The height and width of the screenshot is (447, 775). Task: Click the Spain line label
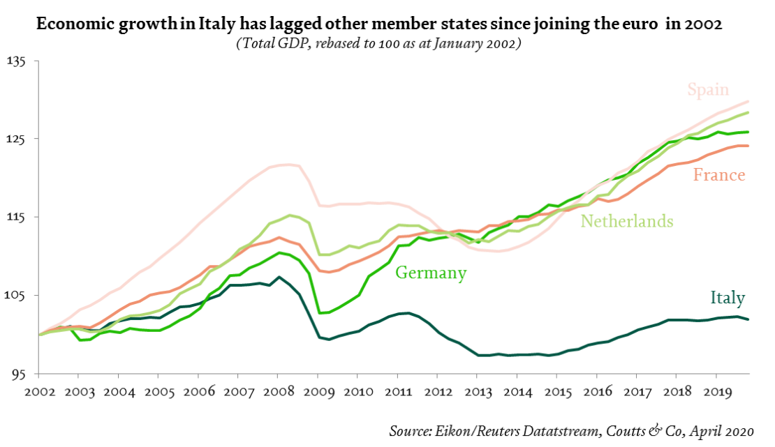708,90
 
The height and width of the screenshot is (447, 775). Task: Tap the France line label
719,175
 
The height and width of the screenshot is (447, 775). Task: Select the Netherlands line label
627,222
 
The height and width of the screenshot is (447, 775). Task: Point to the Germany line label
431,273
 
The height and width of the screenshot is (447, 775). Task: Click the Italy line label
728,298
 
